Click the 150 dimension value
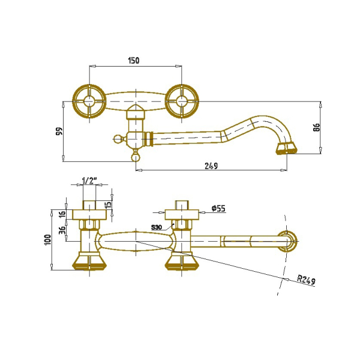(134, 61)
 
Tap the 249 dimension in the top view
(211, 166)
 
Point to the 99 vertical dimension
(59, 131)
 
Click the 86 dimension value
(316, 127)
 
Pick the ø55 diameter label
(218, 208)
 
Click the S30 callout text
(157, 227)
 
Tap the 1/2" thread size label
(88, 181)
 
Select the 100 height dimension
(48, 240)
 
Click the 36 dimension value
(62, 230)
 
